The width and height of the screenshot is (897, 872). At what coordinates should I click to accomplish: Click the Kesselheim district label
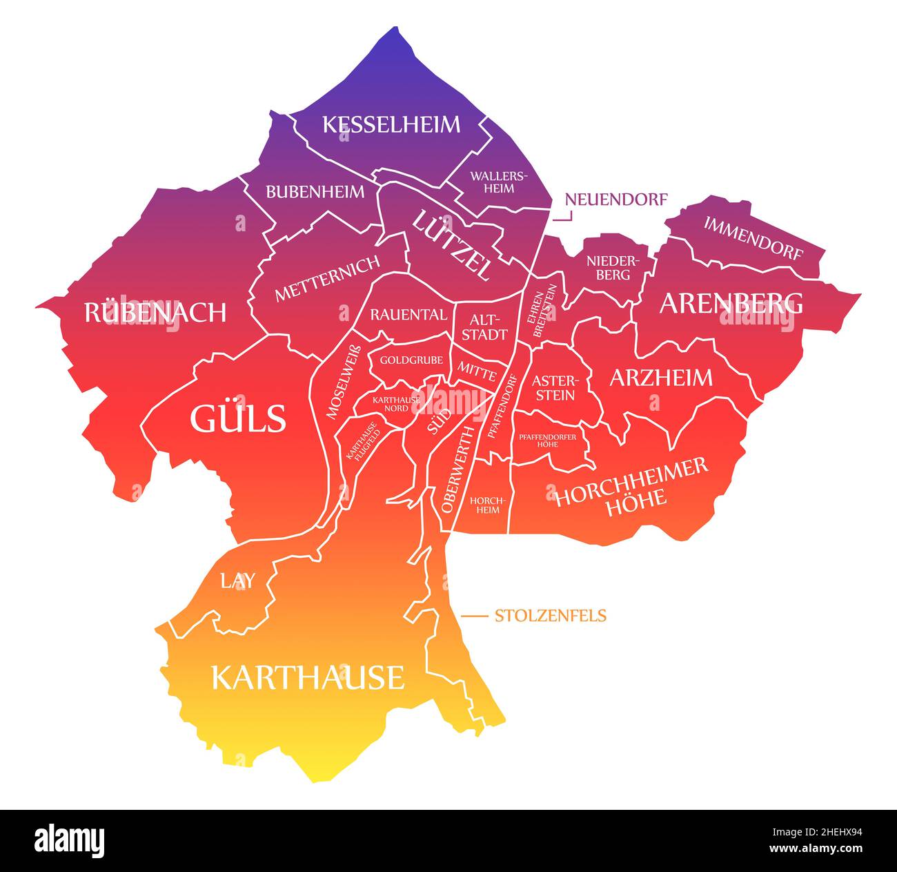click(x=391, y=124)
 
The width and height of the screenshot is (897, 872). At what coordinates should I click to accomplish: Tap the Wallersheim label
click(x=499, y=182)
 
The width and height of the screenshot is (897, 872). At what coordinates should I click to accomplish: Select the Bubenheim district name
click(x=315, y=192)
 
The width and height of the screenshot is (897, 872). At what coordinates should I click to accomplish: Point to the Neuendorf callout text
click(x=616, y=200)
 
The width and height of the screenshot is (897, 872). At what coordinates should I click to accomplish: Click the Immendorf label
click(x=753, y=238)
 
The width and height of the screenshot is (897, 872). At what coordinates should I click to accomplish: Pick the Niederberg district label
click(x=609, y=268)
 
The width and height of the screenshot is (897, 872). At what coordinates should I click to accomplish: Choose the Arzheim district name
click(x=660, y=377)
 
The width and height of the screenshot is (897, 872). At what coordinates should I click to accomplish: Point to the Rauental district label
click(x=408, y=315)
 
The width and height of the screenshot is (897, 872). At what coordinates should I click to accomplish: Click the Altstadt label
click(x=489, y=327)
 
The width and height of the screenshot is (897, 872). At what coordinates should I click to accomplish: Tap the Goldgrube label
click(x=411, y=360)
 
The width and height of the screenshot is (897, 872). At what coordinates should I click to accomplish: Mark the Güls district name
click(x=237, y=418)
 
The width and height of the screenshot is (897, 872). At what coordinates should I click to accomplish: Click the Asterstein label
click(x=553, y=387)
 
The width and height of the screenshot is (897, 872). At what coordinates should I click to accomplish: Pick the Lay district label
click(x=237, y=581)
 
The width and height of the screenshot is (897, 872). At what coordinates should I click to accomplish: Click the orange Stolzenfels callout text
click(x=550, y=615)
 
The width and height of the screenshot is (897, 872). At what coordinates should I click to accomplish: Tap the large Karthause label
click(x=307, y=677)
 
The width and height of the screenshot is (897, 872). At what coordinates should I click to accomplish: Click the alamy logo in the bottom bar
click(x=70, y=840)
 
